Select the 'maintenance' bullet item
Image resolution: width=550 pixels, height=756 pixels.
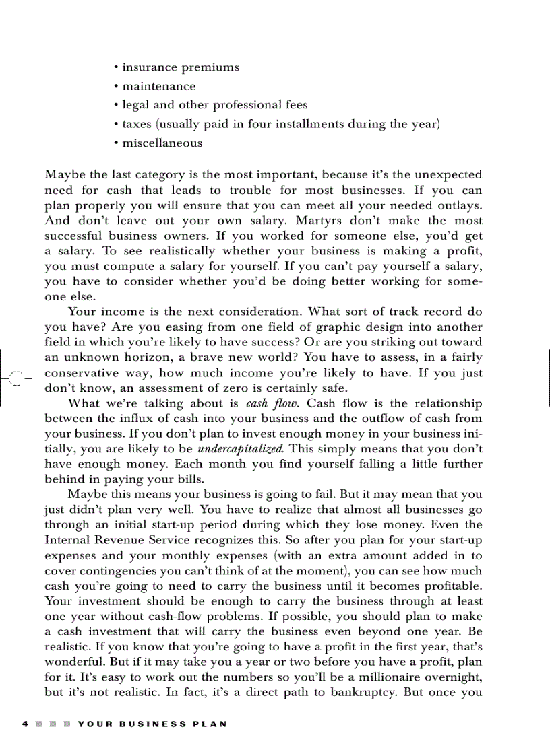(x=158, y=86)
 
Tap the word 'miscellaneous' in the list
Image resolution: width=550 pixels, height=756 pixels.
(x=162, y=143)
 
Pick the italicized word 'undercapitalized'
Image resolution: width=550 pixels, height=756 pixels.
(x=249, y=448)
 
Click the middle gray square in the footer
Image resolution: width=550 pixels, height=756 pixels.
(x=53, y=724)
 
